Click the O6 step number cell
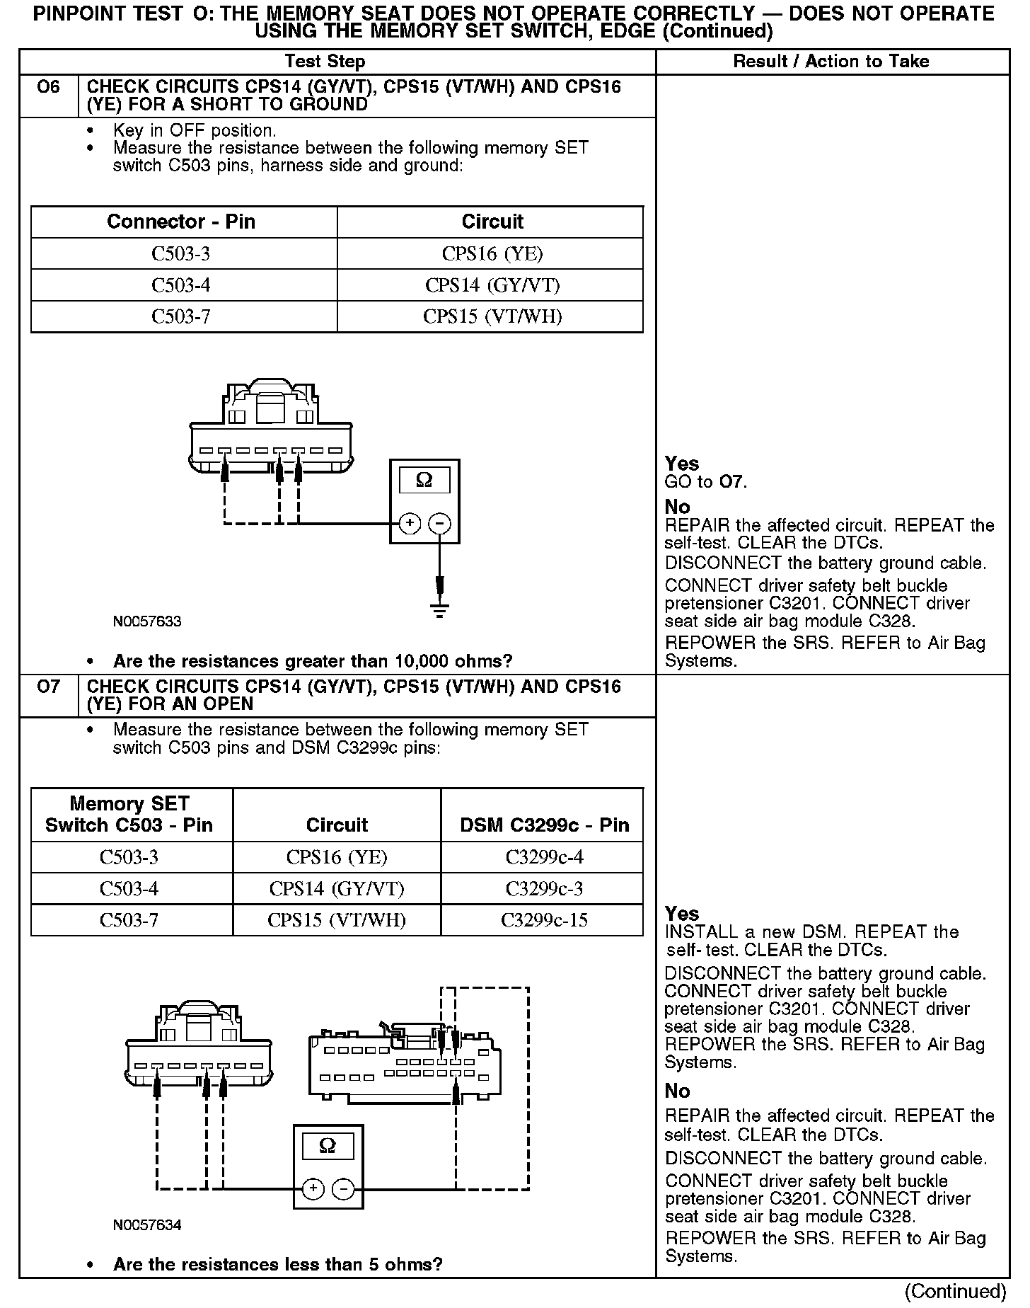pos(48,88)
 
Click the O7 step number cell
pos(48,688)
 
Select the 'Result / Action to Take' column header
pos(831,62)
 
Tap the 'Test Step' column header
pos(325,62)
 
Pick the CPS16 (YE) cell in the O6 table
pos(492,253)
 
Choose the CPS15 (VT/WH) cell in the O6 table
pos(492,316)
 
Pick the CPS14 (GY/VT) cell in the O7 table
pos(337,888)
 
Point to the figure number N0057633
pos(147,621)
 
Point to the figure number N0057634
pos(147,1224)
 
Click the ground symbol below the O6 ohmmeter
pos(440,609)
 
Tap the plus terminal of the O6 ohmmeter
pos(410,524)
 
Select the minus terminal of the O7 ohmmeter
pos(344,1189)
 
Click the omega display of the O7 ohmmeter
pos(328,1146)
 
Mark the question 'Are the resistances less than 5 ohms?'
pos(277,1264)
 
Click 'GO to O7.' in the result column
pos(706,483)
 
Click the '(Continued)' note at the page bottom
pos(956,1291)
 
